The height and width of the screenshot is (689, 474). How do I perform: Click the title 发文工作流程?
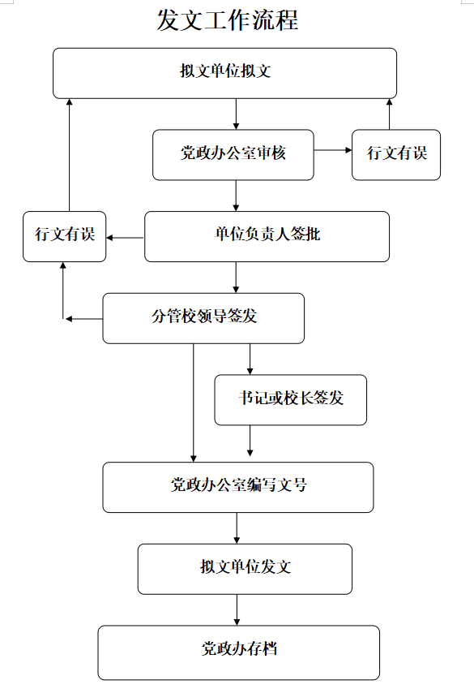pos(228,20)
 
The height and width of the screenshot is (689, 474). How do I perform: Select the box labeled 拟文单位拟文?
pos(224,73)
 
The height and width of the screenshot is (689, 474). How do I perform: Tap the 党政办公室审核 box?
pos(233,155)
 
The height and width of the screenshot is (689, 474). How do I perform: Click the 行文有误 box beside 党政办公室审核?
pos(396,155)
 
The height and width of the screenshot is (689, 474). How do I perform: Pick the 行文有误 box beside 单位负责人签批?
pos(65,236)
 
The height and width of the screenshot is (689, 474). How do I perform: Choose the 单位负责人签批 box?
pos(267,236)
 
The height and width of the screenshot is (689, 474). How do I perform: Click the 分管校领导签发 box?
pos(203,318)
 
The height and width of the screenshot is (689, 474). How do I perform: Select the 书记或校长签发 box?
pos(291,400)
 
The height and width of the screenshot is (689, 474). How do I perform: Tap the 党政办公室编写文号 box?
pos(238,487)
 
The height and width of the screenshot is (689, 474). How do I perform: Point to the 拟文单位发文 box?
pos(245,569)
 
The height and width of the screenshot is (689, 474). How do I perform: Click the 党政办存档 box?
pos(239,652)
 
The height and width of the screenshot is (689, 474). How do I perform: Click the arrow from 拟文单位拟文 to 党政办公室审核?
pos(236,114)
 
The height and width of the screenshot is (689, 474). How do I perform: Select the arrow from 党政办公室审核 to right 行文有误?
pos(333,150)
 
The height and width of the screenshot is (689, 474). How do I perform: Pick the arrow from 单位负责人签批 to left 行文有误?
pos(125,238)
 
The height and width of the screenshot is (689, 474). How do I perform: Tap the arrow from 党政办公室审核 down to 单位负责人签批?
pos(236,196)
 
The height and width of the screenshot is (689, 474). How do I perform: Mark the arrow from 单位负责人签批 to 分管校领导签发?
pos(236,278)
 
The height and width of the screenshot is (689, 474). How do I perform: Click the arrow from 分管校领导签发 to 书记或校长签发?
pos(250,359)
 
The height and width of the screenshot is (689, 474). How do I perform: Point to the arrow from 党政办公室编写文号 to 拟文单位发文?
pos(237,528)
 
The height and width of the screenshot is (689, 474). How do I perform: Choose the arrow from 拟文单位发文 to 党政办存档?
pos(237,610)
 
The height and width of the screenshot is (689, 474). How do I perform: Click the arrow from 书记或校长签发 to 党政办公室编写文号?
pos(250,441)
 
